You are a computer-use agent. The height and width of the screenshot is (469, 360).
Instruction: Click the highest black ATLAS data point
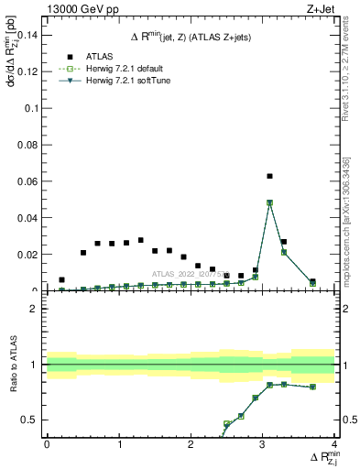269,176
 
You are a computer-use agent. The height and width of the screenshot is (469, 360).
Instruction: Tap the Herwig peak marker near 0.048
269,202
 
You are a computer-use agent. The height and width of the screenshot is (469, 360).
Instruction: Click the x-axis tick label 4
334,444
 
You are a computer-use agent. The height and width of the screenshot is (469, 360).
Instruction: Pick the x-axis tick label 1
118,444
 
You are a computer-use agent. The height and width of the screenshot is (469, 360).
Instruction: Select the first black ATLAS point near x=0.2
61,279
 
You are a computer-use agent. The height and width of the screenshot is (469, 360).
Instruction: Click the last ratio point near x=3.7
312,387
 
